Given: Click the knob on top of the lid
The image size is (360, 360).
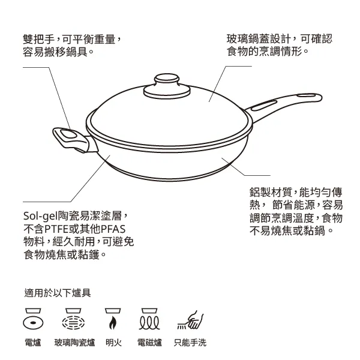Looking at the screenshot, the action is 167,86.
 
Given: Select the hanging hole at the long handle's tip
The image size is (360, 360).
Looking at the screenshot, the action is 307,95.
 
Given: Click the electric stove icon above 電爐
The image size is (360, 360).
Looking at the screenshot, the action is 33,319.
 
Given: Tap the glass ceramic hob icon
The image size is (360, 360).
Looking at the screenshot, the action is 73,319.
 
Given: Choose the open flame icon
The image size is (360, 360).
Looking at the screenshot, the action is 113,319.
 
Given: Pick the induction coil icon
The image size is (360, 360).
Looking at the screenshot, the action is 149,319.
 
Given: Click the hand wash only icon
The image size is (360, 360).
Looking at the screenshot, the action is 190,320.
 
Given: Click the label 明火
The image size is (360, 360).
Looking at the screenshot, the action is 113,343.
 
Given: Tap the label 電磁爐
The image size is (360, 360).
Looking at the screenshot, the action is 149,343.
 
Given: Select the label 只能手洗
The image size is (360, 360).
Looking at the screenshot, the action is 190,343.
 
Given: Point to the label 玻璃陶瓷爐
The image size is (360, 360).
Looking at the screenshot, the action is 74,343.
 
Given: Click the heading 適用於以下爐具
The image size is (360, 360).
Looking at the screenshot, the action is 58,293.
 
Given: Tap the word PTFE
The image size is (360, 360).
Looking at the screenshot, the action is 58,229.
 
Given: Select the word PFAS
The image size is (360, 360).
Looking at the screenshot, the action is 113,229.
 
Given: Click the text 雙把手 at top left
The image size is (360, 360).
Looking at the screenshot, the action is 39,39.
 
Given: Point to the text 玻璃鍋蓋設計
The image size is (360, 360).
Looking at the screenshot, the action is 259,39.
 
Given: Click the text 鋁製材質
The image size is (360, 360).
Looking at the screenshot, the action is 271,192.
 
